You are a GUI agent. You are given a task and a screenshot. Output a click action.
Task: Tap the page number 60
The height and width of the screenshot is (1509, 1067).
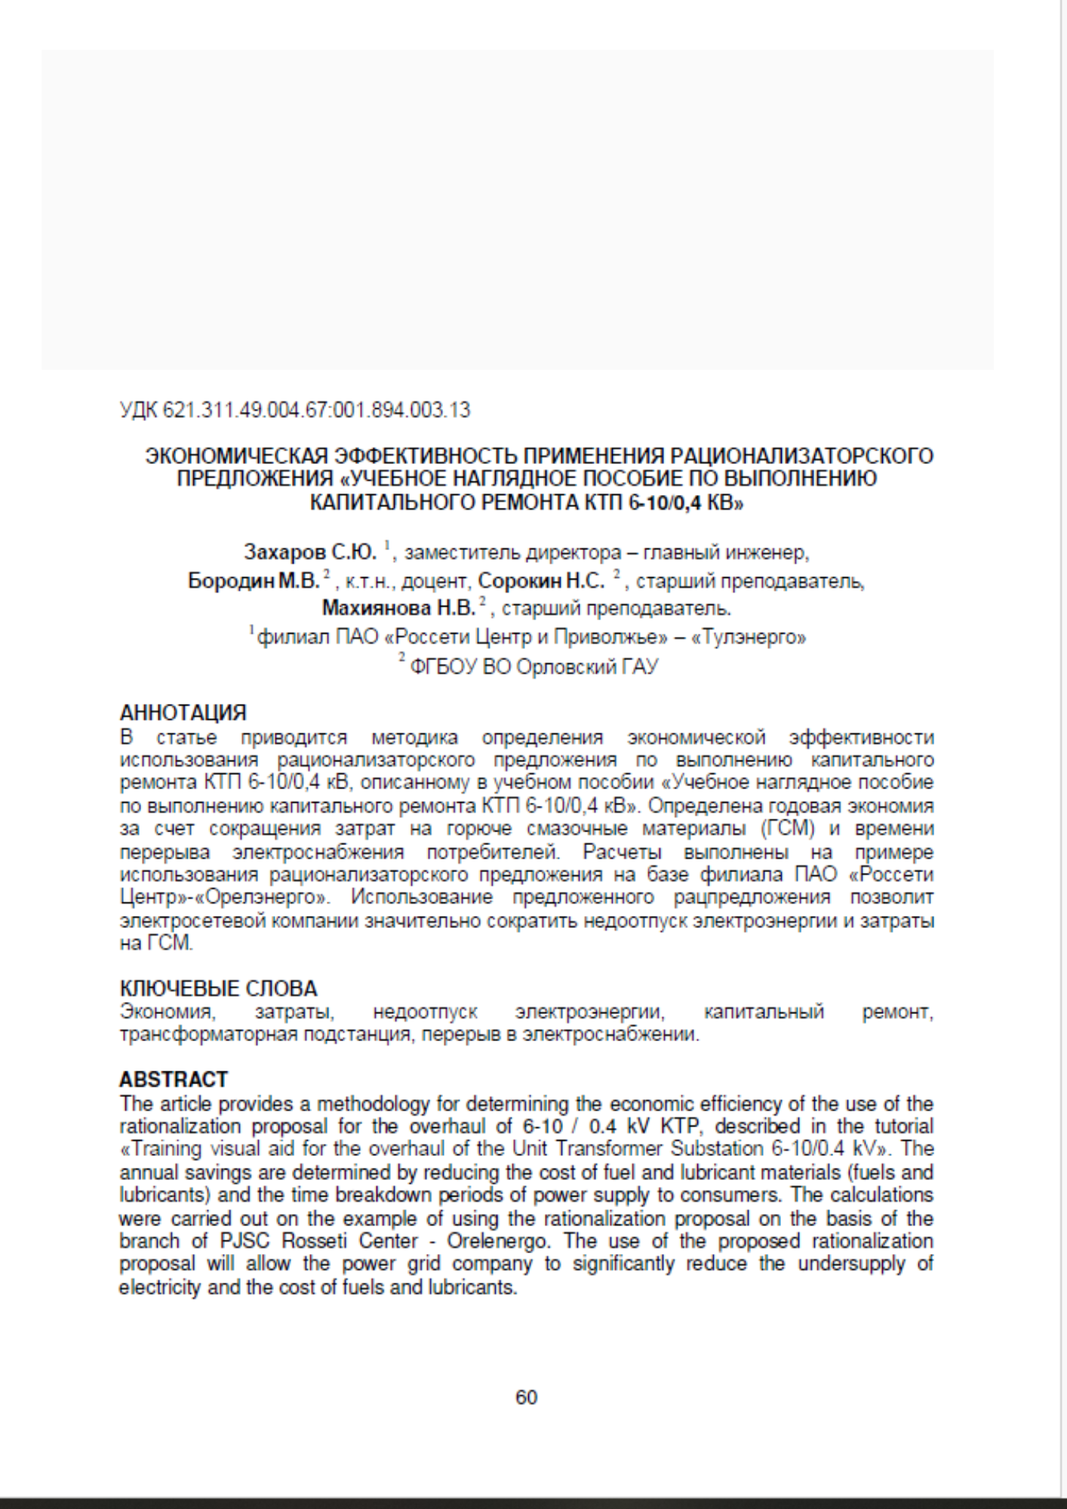click(x=526, y=1397)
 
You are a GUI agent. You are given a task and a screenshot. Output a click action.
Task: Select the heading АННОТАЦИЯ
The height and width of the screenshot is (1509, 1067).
click(x=183, y=712)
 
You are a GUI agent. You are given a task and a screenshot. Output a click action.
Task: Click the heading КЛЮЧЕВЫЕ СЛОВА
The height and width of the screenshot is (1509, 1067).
click(x=218, y=988)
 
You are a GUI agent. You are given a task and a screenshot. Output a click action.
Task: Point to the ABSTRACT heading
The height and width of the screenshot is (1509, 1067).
click(x=173, y=1080)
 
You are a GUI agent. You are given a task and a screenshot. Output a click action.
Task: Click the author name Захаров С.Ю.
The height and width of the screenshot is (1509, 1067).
click(x=309, y=552)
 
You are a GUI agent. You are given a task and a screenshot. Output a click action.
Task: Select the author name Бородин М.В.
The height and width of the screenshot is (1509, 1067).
click(x=254, y=581)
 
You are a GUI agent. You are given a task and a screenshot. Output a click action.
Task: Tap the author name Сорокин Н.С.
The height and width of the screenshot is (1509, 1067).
click(x=542, y=581)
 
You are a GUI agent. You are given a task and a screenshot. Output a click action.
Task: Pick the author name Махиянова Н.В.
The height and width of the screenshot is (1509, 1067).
click(x=398, y=607)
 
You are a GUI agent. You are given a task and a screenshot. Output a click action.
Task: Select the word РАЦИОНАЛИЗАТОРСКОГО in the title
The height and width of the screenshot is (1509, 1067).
click(x=802, y=456)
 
